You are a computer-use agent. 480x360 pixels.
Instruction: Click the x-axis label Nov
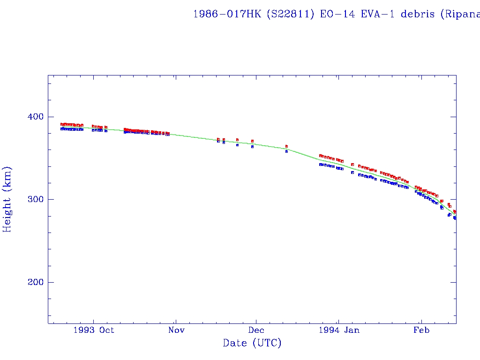(x=176, y=330)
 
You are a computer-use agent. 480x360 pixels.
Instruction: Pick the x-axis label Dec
(x=256, y=330)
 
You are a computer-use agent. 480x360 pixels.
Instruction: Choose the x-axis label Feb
(x=421, y=330)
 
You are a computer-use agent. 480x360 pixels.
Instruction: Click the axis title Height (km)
(x=7, y=199)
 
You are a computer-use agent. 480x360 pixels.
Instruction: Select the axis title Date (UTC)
(x=252, y=343)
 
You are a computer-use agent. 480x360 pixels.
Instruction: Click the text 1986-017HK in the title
(x=227, y=14)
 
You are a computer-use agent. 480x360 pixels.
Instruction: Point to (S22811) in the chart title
(x=291, y=14)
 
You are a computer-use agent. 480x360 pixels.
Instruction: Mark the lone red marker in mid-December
(x=286, y=146)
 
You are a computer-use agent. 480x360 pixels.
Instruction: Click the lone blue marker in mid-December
(x=286, y=151)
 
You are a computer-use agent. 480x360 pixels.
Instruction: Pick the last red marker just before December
(x=252, y=141)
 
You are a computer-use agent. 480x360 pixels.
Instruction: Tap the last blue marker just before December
(x=252, y=147)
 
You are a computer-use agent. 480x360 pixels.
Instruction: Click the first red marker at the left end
(x=62, y=124)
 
